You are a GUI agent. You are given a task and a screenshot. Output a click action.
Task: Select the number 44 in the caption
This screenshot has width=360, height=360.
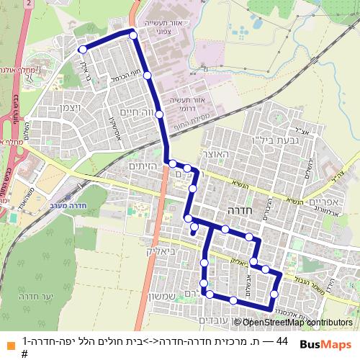click(x=282, y=341)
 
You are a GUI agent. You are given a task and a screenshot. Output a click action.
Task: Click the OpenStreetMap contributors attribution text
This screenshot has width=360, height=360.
click(x=293, y=323)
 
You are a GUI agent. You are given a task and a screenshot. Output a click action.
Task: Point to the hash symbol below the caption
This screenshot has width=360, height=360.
click(x=24, y=354)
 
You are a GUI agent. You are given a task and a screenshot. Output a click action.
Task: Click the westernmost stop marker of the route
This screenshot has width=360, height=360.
click(x=82, y=49)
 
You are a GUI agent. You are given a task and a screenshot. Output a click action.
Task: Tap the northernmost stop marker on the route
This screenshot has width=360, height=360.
click(x=132, y=33)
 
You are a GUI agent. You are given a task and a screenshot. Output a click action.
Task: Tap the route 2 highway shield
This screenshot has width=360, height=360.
click(x=29, y=4)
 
